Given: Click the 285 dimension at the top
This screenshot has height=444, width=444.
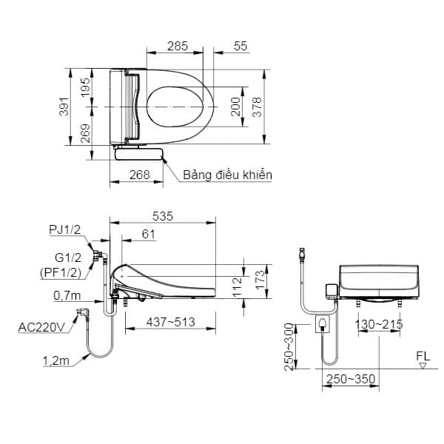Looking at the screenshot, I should click(177, 45).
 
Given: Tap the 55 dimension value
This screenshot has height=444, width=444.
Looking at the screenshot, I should click(240, 45).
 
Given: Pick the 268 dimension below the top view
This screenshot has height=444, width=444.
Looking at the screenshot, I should click(140, 175).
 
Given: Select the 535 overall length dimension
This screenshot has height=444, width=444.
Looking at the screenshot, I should click(162, 216).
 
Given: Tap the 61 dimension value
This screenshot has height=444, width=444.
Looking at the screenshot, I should click(148, 235).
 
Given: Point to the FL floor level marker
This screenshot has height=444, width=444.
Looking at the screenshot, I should click(423, 357).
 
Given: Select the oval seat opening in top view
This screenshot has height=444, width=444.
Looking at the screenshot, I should click(176, 108).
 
